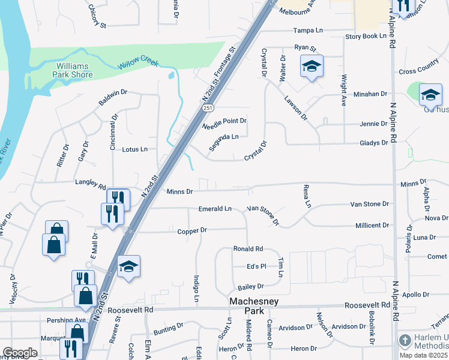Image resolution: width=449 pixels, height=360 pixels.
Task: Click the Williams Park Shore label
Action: tap(74, 70)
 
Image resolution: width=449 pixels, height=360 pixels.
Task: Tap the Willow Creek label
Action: tap(138, 62)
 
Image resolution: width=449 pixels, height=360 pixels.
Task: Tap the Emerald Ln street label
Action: tap(215, 209)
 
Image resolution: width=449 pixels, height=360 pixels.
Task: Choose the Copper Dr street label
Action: tap(192, 230)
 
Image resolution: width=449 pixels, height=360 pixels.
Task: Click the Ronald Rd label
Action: tap(248, 249)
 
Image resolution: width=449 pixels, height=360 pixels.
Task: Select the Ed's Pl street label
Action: tap(256, 266)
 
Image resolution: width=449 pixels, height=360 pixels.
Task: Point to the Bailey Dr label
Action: tap(251, 287)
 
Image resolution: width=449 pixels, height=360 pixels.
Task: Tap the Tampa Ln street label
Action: tap(308, 30)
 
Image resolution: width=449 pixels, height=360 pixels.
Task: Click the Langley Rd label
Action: tap(90, 186)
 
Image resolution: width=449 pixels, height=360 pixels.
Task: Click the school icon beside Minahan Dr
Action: tap(430, 95)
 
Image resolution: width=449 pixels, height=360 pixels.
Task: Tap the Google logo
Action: tap(20, 353)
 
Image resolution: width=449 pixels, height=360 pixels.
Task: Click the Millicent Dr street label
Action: tap(372, 226)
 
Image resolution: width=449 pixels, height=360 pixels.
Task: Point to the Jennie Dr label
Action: tap(373, 124)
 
